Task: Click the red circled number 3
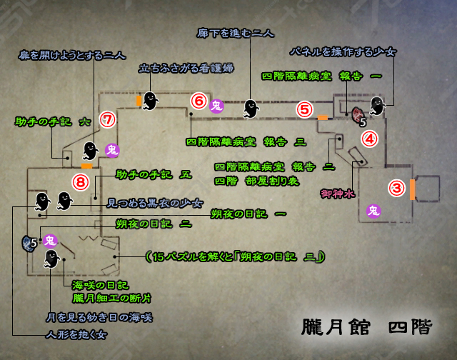point(397,188)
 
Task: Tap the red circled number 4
point(369,139)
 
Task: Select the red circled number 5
point(305,109)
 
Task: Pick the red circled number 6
point(199,101)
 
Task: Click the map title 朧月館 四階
point(367,328)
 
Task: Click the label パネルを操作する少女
point(342,52)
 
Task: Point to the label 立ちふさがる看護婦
point(186,69)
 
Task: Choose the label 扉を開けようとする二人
point(73,54)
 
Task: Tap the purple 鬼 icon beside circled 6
point(217,106)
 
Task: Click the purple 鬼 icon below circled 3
point(373,210)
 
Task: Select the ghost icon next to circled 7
point(90,150)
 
